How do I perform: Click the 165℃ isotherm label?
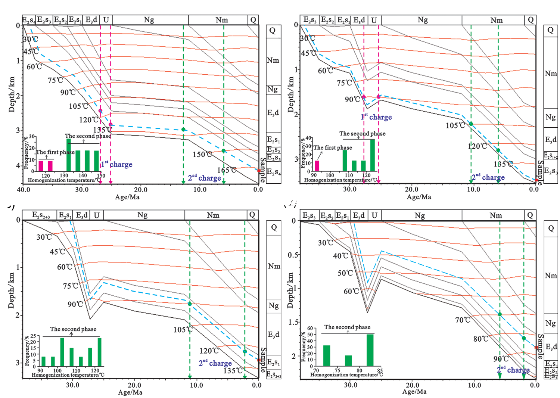point(227,170)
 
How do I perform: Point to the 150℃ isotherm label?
point(202,154)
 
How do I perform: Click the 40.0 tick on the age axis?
point(23,189)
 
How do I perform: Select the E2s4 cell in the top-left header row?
point(29,20)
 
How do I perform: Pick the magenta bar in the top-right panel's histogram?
point(317,165)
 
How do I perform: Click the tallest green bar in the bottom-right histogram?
point(370,350)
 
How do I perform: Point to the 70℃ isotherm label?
point(463,320)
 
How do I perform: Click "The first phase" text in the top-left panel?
point(55,152)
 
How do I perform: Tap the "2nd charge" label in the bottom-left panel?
point(215,363)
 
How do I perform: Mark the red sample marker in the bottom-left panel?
point(259,360)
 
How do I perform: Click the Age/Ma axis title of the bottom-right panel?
point(414,392)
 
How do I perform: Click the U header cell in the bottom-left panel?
point(97,215)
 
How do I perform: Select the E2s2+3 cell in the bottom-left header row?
point(41,215)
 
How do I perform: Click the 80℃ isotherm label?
point(481,339)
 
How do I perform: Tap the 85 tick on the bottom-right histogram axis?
point(380,371)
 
